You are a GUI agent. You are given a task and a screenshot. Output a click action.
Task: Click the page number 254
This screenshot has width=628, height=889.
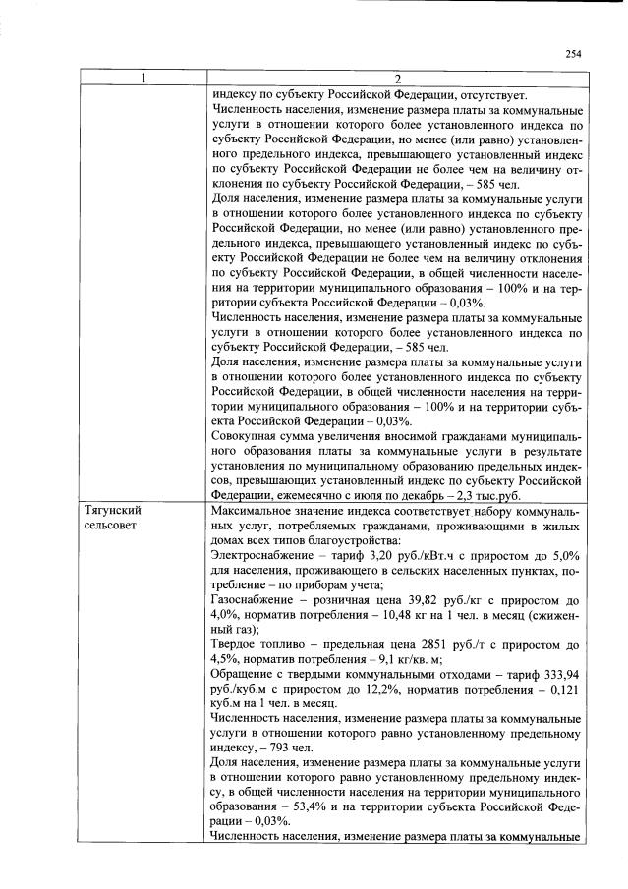click(573, 54)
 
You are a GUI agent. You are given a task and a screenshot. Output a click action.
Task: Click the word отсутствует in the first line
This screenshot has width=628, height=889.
click(485, 95)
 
